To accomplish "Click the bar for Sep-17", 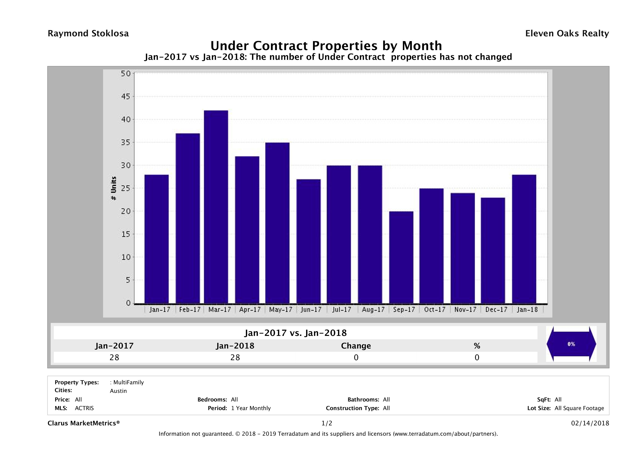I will click(401, 257).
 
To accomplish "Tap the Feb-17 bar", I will click(188, 218).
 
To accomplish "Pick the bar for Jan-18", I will click(524, 239).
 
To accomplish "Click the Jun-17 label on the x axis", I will click(311, 310).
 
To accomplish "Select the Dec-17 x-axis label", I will click(496, 310).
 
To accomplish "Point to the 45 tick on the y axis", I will click(125, 97).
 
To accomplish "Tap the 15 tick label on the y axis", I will click(125, 234).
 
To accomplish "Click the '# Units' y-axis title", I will click(114, 188).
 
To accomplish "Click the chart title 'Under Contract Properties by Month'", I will click(326, 46).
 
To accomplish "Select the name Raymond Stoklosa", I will click(88, 33).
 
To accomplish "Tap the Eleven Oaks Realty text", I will click(567, 33).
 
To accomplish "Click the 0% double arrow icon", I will click(571, 344).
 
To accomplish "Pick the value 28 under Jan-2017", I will click(114, 357).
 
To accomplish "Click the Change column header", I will click(356, 346).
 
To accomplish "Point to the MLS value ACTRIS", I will click(84, 408).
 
